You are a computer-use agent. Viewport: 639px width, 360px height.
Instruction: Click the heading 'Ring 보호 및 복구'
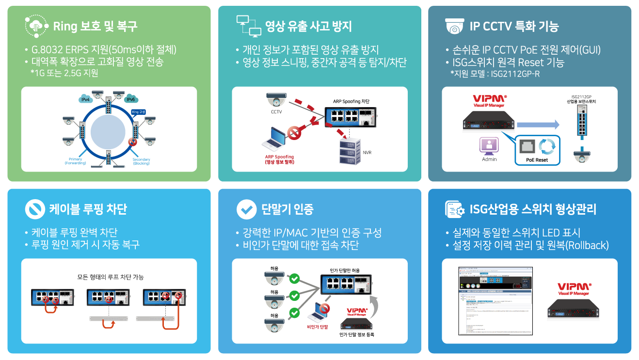[95, 26]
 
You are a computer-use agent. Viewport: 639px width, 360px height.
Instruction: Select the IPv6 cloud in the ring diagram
[130, 99]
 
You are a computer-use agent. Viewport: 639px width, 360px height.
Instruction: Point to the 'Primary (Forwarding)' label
[75, 161]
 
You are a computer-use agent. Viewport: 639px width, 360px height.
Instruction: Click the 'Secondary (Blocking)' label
[141, 161]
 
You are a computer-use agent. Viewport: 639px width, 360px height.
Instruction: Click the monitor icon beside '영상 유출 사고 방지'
[248, 26]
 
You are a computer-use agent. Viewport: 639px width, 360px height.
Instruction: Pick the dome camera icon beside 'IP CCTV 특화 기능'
[455, 26]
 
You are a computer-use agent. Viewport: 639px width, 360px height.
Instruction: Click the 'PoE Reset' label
[536, 160]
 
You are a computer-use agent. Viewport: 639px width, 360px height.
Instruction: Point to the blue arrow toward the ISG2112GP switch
[538, 125]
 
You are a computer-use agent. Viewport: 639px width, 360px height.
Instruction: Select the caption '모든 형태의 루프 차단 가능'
[111, 278]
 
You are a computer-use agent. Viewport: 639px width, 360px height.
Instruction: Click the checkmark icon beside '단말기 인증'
[246, 209]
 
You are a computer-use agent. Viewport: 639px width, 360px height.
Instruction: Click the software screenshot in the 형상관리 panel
[495, 300]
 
